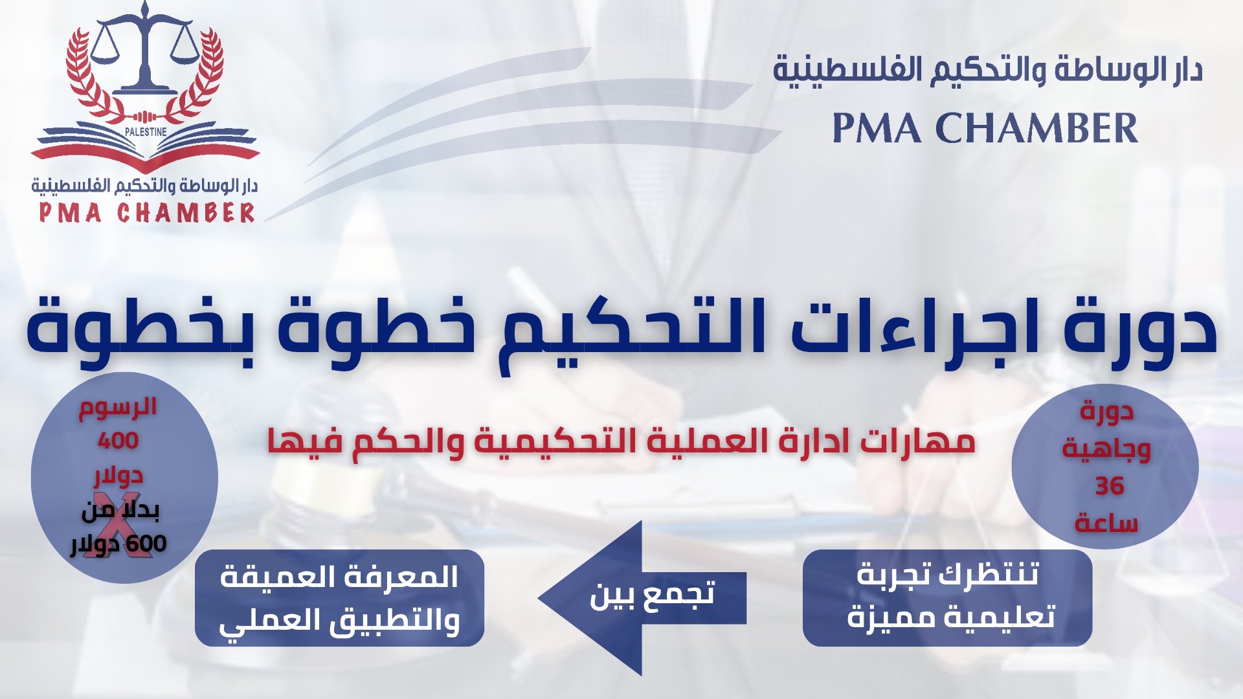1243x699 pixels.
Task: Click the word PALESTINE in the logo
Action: [x=146, y=131]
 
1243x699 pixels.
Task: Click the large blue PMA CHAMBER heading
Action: [x=985, y=128]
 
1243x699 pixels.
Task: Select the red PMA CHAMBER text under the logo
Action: [x=147, y=213]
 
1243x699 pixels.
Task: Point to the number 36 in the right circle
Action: [x=1109, y=486]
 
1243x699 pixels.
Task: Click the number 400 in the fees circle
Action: [x=118, y=441]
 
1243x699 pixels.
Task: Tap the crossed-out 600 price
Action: [x=146, y=544]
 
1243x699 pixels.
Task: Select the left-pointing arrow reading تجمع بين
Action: [x=642, y=598]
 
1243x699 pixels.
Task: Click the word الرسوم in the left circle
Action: [x=118, y=407]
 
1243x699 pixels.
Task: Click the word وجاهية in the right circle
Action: [x=1106, y=449]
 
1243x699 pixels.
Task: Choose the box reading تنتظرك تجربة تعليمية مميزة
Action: [x=947, y=598]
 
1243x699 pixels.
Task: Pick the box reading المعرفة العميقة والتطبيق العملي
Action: [x=339, y=598]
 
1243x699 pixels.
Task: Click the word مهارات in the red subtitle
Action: [x=917, y=441]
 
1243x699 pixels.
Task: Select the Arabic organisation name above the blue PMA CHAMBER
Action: [x=988, y=71]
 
